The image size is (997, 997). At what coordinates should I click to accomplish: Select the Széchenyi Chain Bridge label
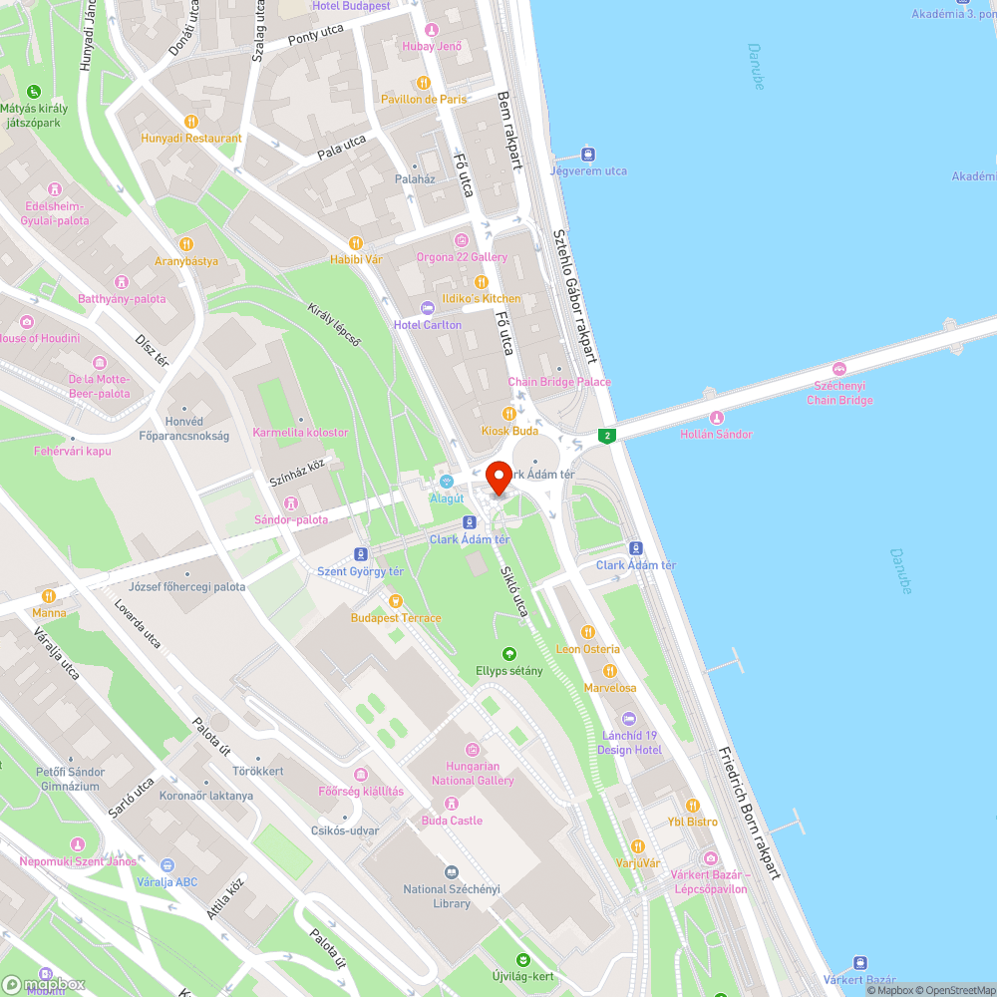click(839, 393)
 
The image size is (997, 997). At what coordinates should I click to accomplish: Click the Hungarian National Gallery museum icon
click(473, 749)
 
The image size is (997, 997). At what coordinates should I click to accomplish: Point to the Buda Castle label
click(452, 821)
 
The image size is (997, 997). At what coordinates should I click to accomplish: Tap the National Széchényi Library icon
click(452, 872)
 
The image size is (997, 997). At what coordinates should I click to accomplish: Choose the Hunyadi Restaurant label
click(191, 139)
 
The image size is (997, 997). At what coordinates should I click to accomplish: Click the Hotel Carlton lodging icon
click(428, 307)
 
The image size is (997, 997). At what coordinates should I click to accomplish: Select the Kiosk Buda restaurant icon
click(509, 413)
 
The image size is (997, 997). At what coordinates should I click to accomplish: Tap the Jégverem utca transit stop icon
click(588, 155)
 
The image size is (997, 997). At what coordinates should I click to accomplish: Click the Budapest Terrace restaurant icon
click(396, 601)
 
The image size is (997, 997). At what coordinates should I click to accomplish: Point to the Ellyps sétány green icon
click(509, 654)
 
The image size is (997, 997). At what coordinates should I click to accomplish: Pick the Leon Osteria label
click(587, 649)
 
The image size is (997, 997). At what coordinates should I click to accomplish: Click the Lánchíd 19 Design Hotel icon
click(629, 719)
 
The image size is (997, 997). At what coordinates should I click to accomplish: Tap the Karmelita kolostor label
click(301, 433)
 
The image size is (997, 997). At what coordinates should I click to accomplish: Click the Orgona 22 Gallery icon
click(461, 240)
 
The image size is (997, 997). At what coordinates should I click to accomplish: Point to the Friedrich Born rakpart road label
click(749, 813)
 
